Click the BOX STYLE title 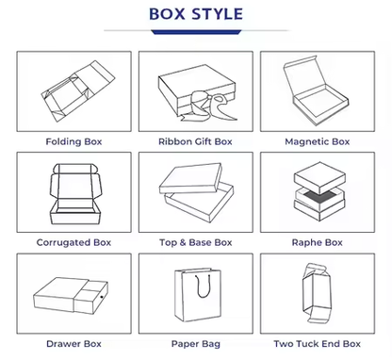pyautogui.click(x=196, y=14)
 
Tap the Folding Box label pyautogui.click(x=73, y=141)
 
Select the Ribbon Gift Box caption pyautogui.click(x=195, y=141)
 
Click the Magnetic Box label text pyautogui.click(x=318, y=141)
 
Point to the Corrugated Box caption pyautogui.click(x=73, y=242)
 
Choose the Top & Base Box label pyautogui.click(x=195, y=242)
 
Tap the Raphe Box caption pyautogui.click(x=318, y=242)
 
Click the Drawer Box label pyautogui.click(x=73, y=344)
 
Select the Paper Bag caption pyautogui.click(x=195, y=344)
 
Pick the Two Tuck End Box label pyautogui.click(x=318, y=344)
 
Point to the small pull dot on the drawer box pyautogui.click(x=102, y=297)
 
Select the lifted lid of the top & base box pyautogui.click(x=190, y=178)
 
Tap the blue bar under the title pyautogui.click(x=196, y=32)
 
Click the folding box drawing pyautogui.click(x=78, y=90)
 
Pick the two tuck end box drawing pyautogui.click(x=317, y=294)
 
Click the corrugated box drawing pyautogui.click(x=76, y=194)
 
